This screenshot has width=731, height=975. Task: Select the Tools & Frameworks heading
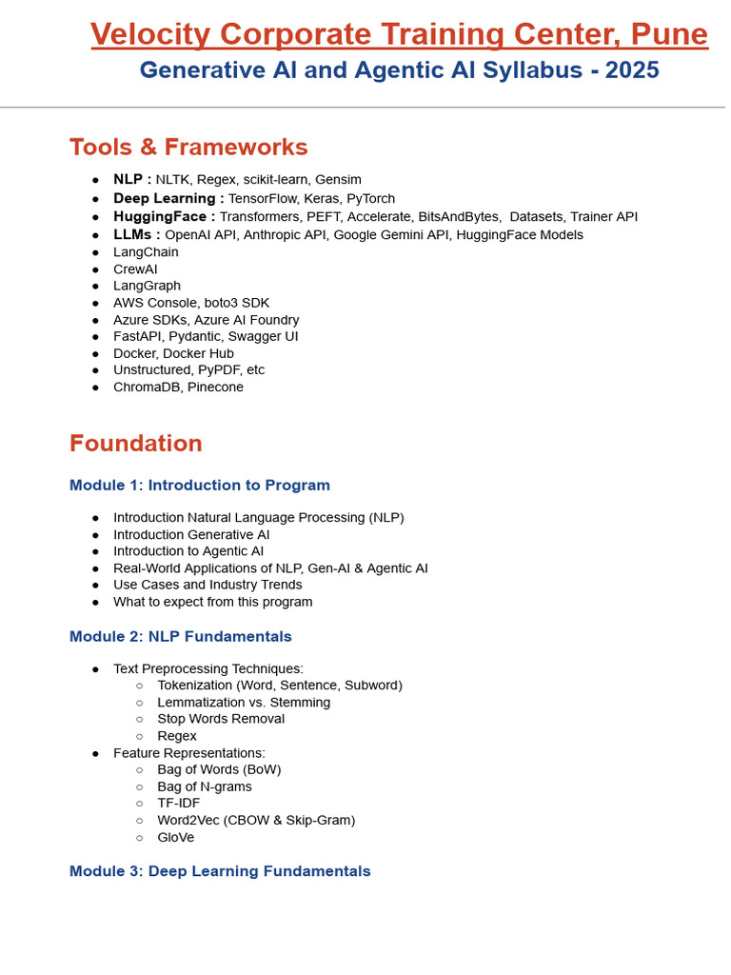[x=188, y=148]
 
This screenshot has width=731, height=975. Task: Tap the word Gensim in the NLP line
[x=338, y=180]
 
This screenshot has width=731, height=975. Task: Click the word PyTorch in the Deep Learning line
[x=370, y=199]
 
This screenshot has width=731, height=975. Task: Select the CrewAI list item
[x=135, y=269]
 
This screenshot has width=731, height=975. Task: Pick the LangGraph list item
[x=147, y=286]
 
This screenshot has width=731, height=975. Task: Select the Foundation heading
[x=136, y=444]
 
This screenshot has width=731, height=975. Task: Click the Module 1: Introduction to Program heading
[x=200, y=486]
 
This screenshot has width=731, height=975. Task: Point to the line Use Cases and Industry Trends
[x=207, y=585]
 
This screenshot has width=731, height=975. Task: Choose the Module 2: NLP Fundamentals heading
[x=181, y=636]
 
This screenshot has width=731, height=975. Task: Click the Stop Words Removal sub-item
[x=221, y=719]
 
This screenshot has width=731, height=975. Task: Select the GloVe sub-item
[x=176, y=838]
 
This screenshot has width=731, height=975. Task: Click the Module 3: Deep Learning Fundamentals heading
[x=220, y=871]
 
